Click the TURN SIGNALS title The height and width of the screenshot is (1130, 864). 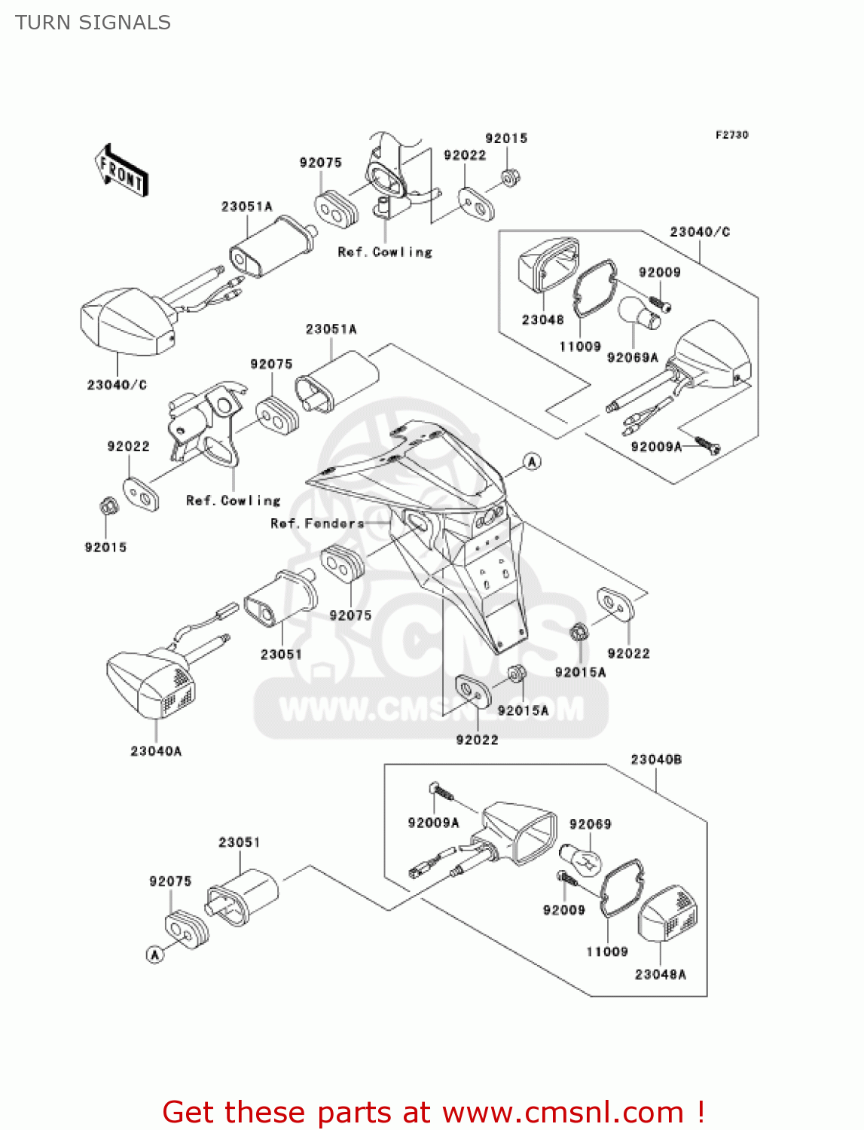click(x=93, y=23)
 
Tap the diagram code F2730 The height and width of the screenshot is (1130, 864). click(x=731, y=135)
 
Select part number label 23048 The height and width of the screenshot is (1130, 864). click(x=542, y=320)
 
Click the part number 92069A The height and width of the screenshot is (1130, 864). click(x=633, y=358)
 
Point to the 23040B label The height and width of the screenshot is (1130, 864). click(x=656, y=759)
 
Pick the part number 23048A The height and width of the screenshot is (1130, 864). click(x=661, y=975)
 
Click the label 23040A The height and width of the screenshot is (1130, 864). click(x=156, y=751)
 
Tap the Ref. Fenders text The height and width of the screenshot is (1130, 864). click(x=317, y=524)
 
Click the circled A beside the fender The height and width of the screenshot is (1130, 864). click(x=532, y=462)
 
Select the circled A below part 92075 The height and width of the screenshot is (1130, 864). click(x=154, y=954)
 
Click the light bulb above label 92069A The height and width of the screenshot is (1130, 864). click(x=638, y=314)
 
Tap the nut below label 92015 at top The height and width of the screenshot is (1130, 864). click(x=511, y=178)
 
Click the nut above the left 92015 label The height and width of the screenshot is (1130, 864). click(x=108, y=506)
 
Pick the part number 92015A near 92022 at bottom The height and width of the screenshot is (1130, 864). click(x=523, y=710)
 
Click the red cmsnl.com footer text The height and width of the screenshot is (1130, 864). click(x=433, y=1112)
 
